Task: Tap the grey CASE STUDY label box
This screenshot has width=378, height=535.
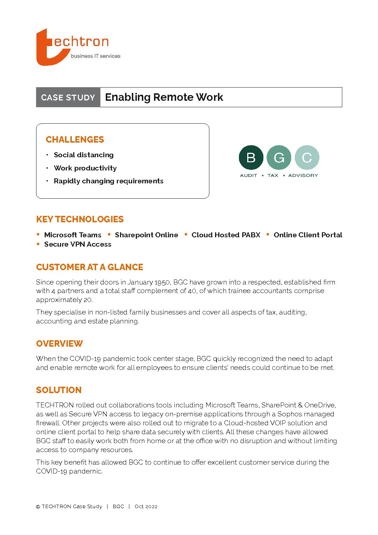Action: pyautogui.click(x=68, y=97)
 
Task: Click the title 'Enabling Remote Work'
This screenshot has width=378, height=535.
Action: pyautogui.click(x=164, y=97)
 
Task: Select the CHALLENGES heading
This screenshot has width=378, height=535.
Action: pyautogui.click(x=75, y=139)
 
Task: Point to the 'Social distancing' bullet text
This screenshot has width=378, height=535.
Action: pyautogui.click(x=84, y=155)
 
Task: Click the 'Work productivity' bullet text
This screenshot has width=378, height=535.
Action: pyautogui.click(x=85, y=168)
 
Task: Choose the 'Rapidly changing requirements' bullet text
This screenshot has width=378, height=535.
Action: pyautogui.click(x=109, y=181)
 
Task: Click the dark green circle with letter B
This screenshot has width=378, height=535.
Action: pyautogui.click(x=251, y=157)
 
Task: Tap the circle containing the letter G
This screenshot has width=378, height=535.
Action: pyautogui.click(x=279, y=157)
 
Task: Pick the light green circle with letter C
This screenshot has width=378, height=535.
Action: pyautogui.click(x=307, y=157)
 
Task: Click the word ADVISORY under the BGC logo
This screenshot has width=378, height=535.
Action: pyautogui.click(x=303, y=175)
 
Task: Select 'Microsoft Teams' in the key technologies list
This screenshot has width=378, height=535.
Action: pyautogui.click(x=73, y=235)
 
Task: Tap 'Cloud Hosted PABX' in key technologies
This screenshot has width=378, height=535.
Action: pyautogui.click(x=226, y=235)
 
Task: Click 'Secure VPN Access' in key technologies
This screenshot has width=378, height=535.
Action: pyautogui.click(x=78, y=244)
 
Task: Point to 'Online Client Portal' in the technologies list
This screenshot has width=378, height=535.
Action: pyautogui.click(x=308, y=235)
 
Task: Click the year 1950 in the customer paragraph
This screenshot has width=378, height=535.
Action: pyautogui.click(x=162, y=282)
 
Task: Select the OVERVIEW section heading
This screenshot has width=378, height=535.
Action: pyautogui.click(x=59, y=343)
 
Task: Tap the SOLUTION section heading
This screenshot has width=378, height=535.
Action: pyautogui.click(x=59, y=390)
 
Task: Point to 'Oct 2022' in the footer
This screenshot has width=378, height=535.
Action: pyautogui.click(x=146, y=506)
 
